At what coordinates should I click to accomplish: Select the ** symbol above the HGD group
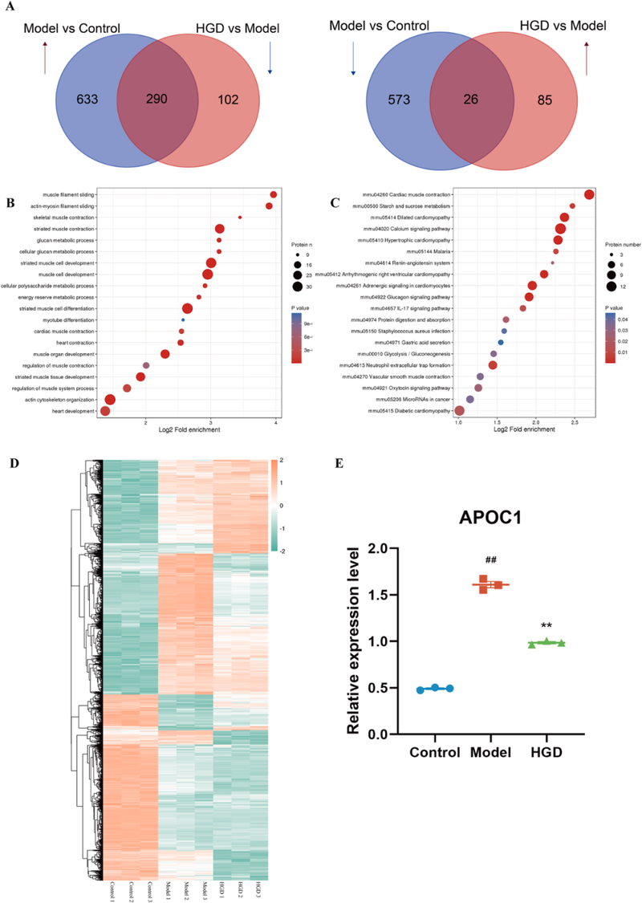point(546,624)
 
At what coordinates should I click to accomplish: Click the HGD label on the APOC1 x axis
point(547,753)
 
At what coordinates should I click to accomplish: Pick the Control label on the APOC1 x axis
point(434,753)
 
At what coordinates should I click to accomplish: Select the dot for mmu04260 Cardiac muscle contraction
point(589,195)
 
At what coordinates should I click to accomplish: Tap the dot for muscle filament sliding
point(274,194)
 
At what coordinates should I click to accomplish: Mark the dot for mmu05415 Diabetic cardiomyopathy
point(459,411)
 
